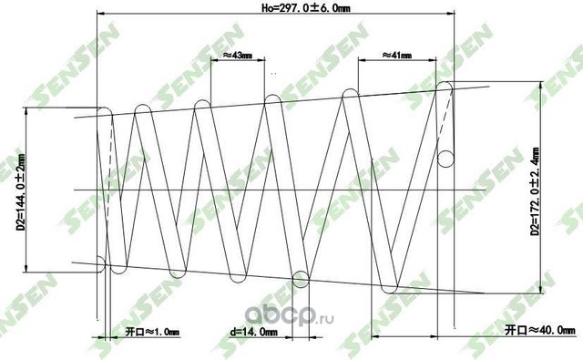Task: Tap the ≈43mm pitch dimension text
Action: (239, 55)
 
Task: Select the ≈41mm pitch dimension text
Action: (397, 55)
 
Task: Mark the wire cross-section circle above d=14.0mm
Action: (300, 278)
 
